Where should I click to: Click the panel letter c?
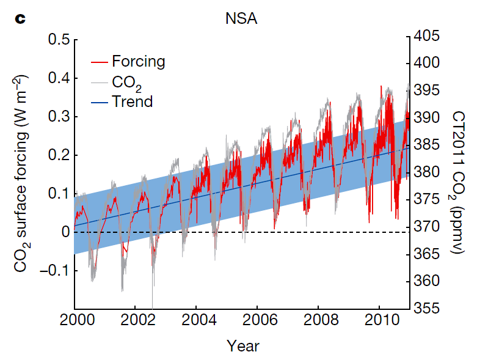pos(20,19)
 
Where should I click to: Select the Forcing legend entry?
pos(138,61)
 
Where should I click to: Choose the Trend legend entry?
pos(132,101)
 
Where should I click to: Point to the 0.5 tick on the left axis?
pos(58,40)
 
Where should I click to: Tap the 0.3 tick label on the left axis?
pos(58,117)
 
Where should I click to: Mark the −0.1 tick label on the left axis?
pos(54,270)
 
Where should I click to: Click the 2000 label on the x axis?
pos(75,321)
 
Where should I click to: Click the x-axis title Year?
pos(243,346)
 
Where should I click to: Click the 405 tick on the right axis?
pos(427,35)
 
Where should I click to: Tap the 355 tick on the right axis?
pos(427,308)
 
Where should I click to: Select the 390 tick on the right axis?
pos(427,117)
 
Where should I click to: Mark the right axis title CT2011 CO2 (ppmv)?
pos(459,174)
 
